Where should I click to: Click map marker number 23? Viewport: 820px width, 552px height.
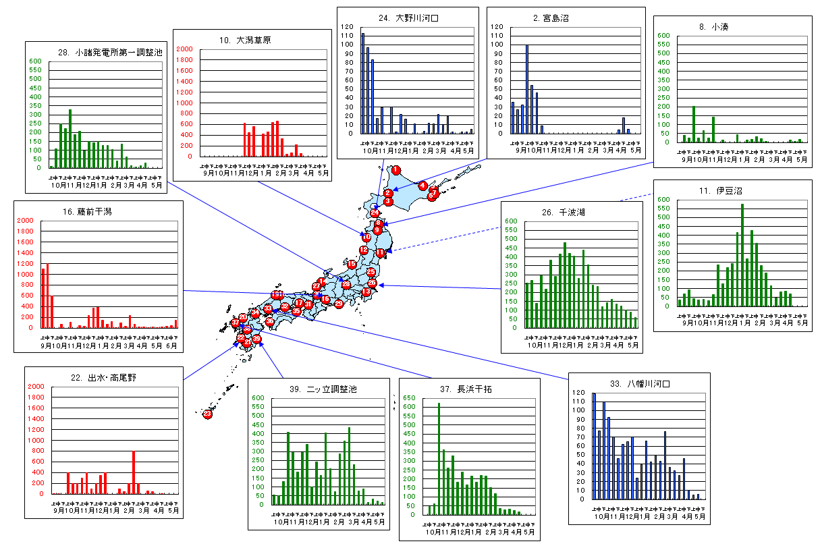(x=208, y=414)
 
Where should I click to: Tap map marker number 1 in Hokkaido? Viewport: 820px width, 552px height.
(x=396, y=170)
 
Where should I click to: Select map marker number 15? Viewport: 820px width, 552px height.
(x=351, y=264)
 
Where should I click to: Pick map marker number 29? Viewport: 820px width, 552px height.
(x=339, y=304)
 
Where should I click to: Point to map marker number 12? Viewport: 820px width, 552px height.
(x=364, y=250)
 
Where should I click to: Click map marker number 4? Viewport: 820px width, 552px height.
(x=422, y=185)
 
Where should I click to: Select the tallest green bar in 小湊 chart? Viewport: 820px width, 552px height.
(x=693, y=124)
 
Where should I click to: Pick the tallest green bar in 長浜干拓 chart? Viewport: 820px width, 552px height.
(x=439, y=459)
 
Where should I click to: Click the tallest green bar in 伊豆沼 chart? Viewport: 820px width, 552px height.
(x=742, y=255)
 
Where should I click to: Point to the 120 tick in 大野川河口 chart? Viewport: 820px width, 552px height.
(x=347, y=27)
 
